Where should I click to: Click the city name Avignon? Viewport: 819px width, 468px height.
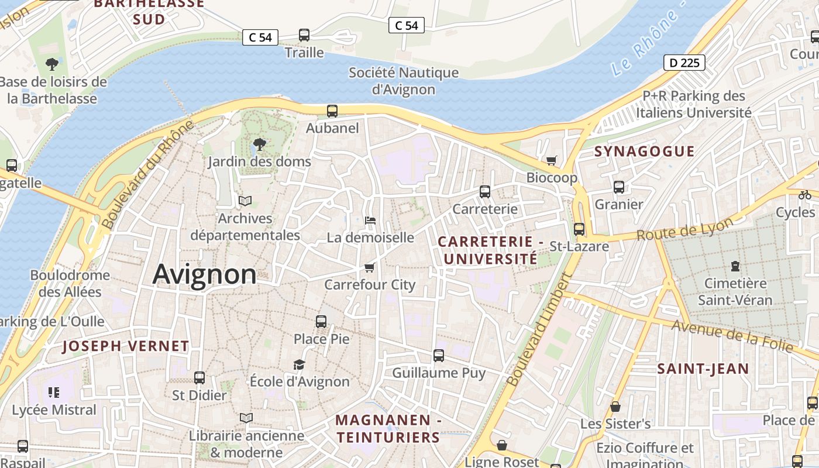tap(204, 274)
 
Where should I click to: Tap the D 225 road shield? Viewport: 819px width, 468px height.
tap(684, 63)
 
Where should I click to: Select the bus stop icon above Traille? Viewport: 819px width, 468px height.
tap(304, 35)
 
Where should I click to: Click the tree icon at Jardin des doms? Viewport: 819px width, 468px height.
tap(259, 144)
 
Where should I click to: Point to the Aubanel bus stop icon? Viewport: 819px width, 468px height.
tap(332, 111)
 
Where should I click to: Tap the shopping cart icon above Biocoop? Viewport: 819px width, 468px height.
tap(551, 160)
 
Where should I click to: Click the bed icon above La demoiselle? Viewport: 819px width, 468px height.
tap(370, 221)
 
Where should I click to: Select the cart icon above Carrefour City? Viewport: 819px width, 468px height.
tap(369, 267)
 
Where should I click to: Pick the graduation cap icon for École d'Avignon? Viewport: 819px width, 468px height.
tap(300, 364)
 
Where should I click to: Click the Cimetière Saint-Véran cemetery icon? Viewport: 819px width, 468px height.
tap(735, 266)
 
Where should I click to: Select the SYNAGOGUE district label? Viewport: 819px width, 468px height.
tap(645, 152)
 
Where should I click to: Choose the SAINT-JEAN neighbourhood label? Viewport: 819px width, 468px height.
tap(703, 369)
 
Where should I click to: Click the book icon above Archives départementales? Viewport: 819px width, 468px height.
tap(245, 201)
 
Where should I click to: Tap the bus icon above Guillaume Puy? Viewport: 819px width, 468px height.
tap(439, 355)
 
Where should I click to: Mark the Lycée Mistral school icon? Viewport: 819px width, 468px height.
tap(54, 393)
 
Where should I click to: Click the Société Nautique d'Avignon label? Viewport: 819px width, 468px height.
tap(404, 81)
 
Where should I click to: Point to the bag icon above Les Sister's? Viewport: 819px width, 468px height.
tap(615, 406)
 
